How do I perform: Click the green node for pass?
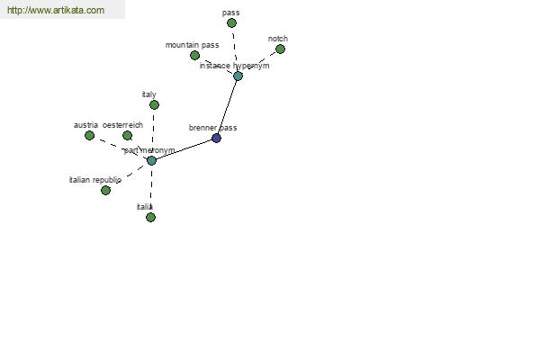(x=232, y=23)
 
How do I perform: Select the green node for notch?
(x=280, y=49)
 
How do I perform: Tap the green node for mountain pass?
(x=195, y=55)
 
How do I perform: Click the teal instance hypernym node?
(x=238, y=76)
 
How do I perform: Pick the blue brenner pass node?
(x=216, y=138)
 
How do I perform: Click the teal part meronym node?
(x=151, y=160)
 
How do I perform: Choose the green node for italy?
(x=154, y=104)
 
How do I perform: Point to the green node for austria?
(x=89, y=135)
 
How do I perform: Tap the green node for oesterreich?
(x=128, y=135)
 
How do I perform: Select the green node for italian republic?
(x=105, y=190)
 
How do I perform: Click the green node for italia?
(x=150, y=218)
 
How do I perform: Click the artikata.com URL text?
(x=56, y=10)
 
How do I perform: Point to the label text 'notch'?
(x=278, y=39)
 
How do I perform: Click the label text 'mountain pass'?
(x=193, y=45)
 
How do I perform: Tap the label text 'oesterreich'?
(x=122, y=125)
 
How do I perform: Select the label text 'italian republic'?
(x=95, y=180)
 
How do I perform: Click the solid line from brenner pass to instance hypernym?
(x=228, y=107)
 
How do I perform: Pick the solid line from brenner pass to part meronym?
(x=184, y=149)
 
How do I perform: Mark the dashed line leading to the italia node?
(x=151, y=189)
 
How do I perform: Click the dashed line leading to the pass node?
(x=235, y=49)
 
